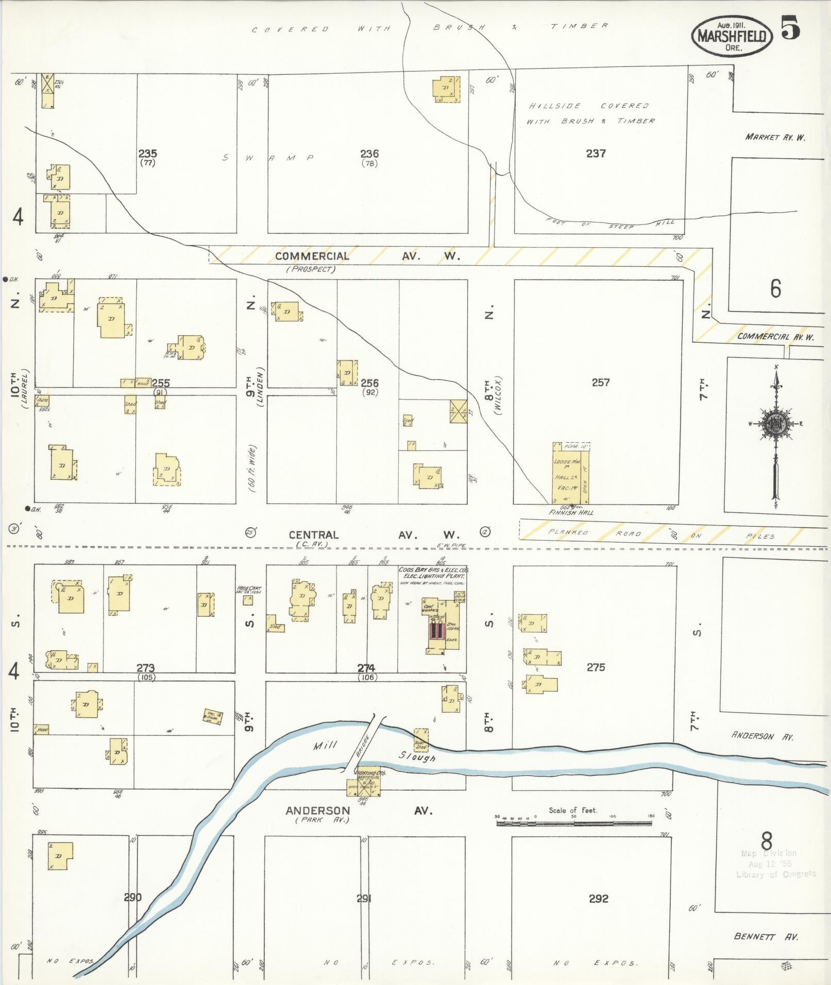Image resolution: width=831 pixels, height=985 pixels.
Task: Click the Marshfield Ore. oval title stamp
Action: [733, 36]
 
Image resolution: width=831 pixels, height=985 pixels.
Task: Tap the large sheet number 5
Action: [791, 27]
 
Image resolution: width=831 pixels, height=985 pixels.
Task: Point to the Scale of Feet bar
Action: [574, 823]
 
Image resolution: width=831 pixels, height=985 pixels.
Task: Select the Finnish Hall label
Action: [571, 512]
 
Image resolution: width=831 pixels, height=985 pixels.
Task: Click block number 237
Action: [596, 153]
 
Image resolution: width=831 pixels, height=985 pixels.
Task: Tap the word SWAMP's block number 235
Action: [147, 154]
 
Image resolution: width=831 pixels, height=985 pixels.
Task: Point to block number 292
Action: [598, 898]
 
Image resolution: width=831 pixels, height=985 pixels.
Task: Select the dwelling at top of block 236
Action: [446, 89]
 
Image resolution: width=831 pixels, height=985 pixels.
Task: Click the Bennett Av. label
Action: [766, 937]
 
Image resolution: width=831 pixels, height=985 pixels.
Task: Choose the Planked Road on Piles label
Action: [659, 534]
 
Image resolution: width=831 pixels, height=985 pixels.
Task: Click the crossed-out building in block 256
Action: [458, 411]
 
